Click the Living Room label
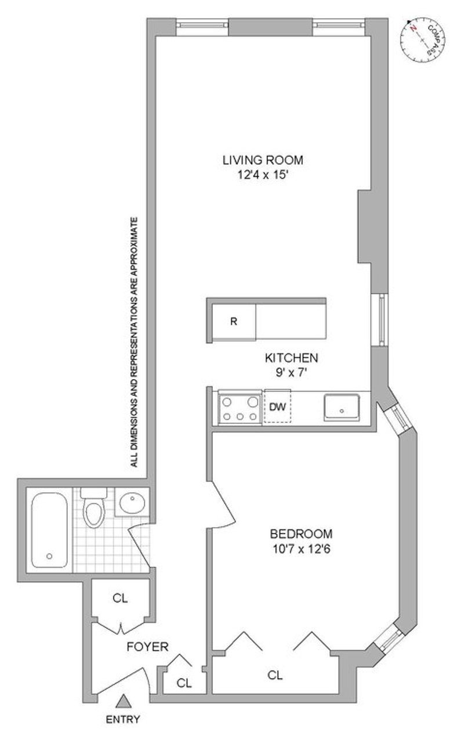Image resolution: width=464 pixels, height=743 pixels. [x=263, y=160]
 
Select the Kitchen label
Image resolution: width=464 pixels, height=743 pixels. [x=291, y=358]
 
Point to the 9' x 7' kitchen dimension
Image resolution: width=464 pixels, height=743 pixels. [x=291, y=373]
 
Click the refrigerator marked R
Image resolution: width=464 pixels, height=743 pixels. [x=234, y=322]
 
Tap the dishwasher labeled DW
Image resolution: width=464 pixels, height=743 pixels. [x=277, y=406]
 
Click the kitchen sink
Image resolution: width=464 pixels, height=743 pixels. [x=342, y=407]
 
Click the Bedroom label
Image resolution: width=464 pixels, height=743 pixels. [x=301, y=533]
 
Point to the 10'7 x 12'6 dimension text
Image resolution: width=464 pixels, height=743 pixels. [x=301, y=549]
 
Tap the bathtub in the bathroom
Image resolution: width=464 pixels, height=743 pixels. [x=49, y=530]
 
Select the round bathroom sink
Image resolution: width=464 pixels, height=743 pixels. [x=132, y=503]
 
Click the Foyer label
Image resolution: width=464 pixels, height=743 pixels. [x=147, y=647]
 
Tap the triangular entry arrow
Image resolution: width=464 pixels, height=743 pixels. [x=124, y=701]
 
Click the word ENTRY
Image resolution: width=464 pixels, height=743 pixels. [x=123, y=719]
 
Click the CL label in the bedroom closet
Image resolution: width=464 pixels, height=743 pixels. [x=275, y=675]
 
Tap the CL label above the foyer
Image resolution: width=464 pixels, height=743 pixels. [x=120, y=598]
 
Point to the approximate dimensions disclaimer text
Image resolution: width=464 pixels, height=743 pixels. [x=134, y=342]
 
